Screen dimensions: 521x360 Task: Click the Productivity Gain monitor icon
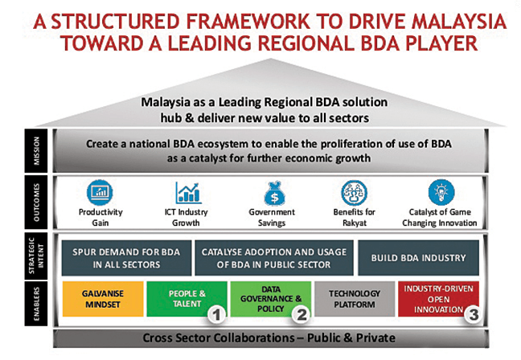(100, 192)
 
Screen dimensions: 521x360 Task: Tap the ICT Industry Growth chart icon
(188, 192)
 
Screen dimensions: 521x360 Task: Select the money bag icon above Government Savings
(274, 194)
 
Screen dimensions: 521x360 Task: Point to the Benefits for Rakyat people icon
(355, 193)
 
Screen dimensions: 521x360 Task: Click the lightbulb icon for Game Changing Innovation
(441, 192)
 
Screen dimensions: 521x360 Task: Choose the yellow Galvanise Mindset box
(103, 299)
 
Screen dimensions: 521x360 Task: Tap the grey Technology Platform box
(355, 299)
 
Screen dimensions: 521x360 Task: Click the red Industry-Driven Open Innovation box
(439, 299)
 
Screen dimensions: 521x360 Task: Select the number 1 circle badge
(216, 314)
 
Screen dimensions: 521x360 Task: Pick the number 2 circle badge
(302, 314)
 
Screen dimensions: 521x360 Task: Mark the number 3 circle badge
(474, 314)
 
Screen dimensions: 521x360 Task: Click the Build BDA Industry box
(418, 258)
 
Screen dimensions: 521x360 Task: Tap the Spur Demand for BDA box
(126, 258)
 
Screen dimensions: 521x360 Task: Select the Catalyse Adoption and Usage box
(274, 258)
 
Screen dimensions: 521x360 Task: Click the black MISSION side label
(36, 151)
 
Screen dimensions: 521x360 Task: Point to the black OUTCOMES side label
(36, 202)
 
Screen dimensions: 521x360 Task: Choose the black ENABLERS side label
(36, 304)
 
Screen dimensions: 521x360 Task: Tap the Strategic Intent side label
(36, 256)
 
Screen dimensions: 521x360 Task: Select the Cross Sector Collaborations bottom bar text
(269, 338)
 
